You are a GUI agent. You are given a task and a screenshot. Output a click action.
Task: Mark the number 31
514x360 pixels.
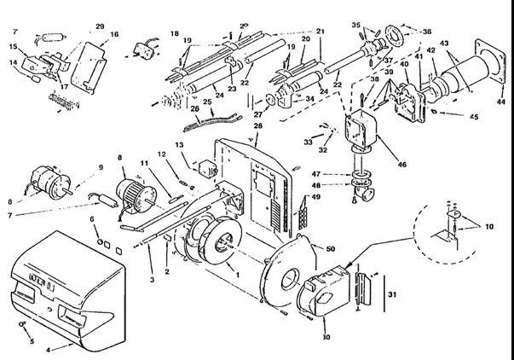(x=393, y=294)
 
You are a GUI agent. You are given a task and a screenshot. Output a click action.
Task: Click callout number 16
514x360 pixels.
(x=114, y=34)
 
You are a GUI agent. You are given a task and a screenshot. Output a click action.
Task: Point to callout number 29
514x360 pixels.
(x=100, y=27)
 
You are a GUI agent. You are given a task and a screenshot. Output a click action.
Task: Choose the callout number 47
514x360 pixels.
(x=340, y=172)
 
